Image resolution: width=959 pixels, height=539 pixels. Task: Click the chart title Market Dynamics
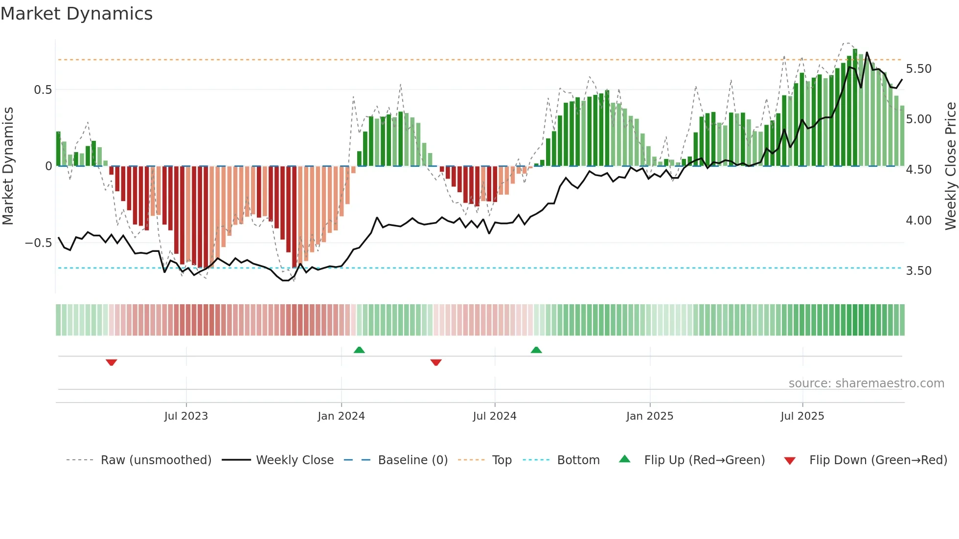click(76, 14)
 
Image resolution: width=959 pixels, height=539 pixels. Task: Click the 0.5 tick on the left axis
click(43, 90)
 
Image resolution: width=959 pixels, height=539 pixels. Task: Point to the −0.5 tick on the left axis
click(38, 243)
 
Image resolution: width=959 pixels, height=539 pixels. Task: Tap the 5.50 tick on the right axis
click(918, 69)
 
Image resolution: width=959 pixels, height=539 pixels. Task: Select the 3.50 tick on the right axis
click(918, 271)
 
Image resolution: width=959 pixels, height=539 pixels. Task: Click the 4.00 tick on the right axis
click(918, 221)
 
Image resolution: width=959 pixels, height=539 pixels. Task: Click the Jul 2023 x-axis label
click(186, 416)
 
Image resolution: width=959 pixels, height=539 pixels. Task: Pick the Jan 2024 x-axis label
click(341, 416)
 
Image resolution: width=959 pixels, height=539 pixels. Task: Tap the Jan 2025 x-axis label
click(650, 416)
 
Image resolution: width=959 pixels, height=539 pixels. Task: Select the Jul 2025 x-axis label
click(802, 416)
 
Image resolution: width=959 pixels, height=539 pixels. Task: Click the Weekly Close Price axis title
click(950, 166)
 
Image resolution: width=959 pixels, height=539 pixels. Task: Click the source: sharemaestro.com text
click(866, 383)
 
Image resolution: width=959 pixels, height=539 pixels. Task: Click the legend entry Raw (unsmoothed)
click(156, 460)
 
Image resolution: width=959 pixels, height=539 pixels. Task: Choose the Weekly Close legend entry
click(295, 460)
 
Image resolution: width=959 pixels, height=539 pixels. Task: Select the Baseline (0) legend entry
click(412, 460)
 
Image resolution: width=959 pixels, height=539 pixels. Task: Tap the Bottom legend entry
click(578, 460)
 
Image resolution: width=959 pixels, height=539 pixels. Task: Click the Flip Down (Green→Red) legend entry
click(878, 460)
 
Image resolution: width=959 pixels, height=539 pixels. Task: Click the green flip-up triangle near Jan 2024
click(359, 350)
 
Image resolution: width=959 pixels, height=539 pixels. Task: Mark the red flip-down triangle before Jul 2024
click(436, 362)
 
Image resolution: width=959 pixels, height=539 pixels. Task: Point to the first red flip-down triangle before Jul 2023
click(112, 362)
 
